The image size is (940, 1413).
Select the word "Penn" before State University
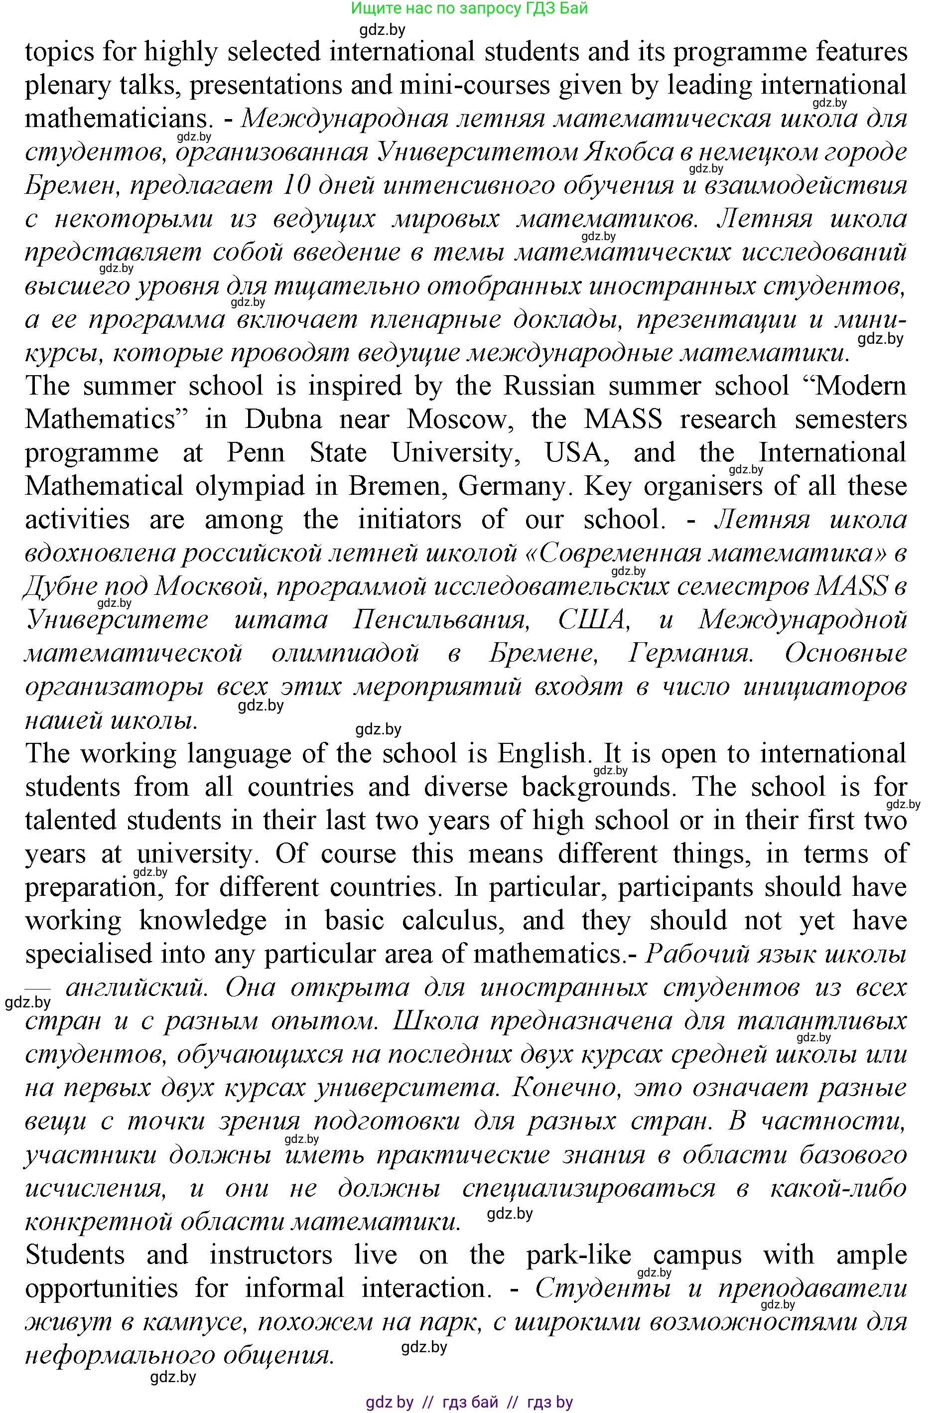(256, 452)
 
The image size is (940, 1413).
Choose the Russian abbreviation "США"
(592, 619)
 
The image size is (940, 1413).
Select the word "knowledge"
(203, 921)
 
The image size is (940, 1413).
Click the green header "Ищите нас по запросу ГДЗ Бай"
(469, 8)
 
